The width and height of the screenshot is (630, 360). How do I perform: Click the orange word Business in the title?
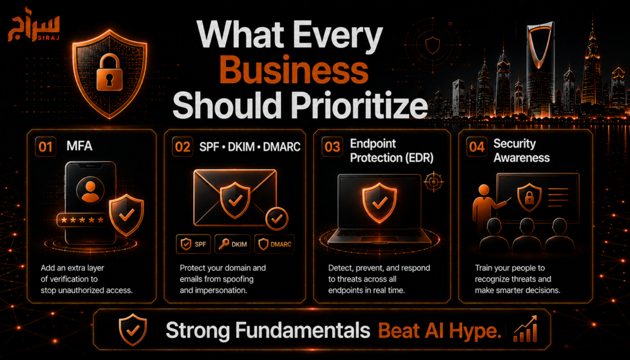click(x=293, y=70)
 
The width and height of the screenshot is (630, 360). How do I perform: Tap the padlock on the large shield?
click(x=110, y=73)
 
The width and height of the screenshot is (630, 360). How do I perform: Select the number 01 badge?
click(x=46, y=146)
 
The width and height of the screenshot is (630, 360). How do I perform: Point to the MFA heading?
click(x=79, y=145)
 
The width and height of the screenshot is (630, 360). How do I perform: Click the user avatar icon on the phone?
click(x=90, y=190)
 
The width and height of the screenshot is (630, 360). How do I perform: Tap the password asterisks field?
click(x=82, y=220)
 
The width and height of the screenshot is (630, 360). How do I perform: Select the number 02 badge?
click(x=182, y=146)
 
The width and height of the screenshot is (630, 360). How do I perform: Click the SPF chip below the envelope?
click(x=193, y=244)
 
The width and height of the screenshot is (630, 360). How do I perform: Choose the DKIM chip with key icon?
click(x=233, y=244)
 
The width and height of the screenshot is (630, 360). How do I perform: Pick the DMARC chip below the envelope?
click(x=275, y=244)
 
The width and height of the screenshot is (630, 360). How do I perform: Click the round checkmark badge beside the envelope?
click(x=277, y=218)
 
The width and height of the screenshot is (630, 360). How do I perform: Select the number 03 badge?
click(x=332, y=146)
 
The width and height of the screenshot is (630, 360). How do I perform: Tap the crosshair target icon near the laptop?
click(x=434, y=182)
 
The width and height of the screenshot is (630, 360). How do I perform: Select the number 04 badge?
click(x=477, y=146)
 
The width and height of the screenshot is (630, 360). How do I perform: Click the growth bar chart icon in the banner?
click(x=525, y=329)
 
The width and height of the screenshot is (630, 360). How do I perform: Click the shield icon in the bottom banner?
click(x=133, y=329)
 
